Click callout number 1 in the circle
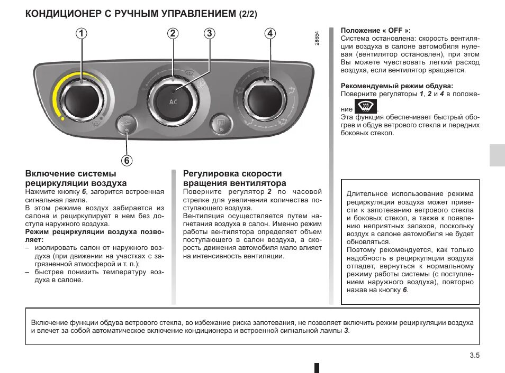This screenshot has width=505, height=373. click(82, 33)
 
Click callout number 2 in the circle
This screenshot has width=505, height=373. click(173, 33)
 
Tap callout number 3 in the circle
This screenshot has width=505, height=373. click(210, 33)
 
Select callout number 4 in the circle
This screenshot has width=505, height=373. click(270, 33)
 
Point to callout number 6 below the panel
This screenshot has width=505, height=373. click(127, 160)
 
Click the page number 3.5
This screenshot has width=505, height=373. click(474, 356)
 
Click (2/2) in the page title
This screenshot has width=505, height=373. click(247, 14)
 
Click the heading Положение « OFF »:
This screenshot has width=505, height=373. click(375, 31)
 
